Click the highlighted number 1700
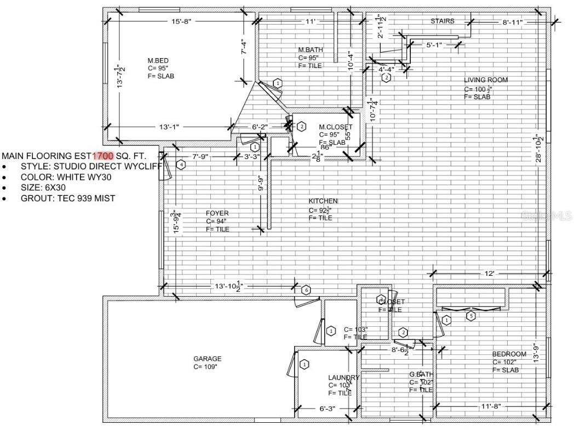[x=103, y=156]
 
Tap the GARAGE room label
[x=207, y=359]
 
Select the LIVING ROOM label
[x=485, y=80]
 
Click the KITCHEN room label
[x=323, y=201]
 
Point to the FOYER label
[x=217, y=213]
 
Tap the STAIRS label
[x=442, y=21]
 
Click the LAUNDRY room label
[x=343, y=377]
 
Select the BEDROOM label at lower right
[x=509, y=354]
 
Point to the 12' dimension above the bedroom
[x=489, y=273]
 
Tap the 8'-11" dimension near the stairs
[x=513, y=22]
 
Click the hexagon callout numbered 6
[x=306, y=290]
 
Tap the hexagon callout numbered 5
[x=469, y=315]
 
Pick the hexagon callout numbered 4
[x=181, y=164]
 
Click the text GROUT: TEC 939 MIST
[x=68, y=198]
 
